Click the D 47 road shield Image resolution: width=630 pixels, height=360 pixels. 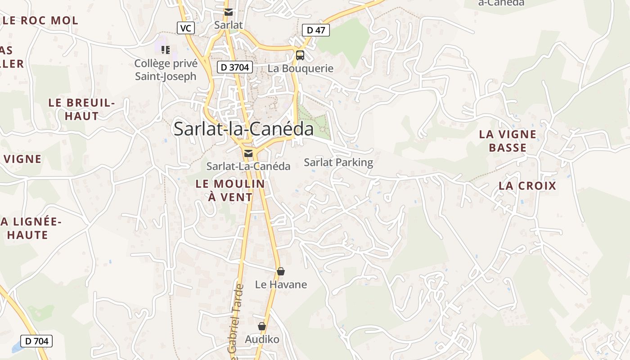316,30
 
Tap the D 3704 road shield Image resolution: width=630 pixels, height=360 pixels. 235,67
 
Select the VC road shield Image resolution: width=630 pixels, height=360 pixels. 185,28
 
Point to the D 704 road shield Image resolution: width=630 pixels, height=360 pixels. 36,341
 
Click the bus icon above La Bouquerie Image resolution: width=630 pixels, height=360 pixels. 300,55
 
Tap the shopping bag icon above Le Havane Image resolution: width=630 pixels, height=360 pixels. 281,271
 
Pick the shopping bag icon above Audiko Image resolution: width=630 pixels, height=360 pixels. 262,326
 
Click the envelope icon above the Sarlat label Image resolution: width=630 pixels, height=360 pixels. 229,12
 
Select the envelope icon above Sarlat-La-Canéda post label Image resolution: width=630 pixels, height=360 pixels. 248,153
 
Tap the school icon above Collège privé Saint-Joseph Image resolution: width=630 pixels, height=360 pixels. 166,49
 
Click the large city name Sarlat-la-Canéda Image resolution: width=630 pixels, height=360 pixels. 243,129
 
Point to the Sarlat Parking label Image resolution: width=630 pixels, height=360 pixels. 338,162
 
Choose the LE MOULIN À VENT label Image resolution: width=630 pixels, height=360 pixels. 230,190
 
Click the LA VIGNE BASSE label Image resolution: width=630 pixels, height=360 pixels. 508,141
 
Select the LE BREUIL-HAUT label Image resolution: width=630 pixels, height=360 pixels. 81,109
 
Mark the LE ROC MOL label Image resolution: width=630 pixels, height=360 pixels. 40,20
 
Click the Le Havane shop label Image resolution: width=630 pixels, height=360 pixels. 281,284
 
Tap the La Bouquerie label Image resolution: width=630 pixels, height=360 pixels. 301,68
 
